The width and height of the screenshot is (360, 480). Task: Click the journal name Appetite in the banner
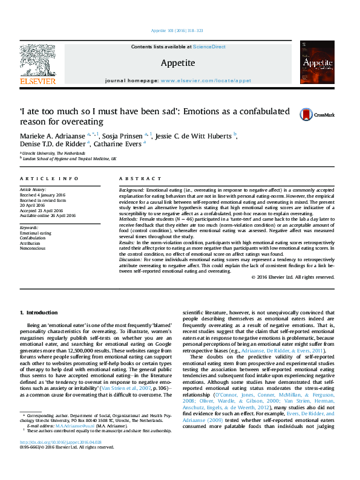pyautogui.click(x=177, y=63)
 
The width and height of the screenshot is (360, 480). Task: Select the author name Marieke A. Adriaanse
pyautogui.click(x=53, y=135)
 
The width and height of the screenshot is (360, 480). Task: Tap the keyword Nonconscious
pyautogui.click(x=34, y=247)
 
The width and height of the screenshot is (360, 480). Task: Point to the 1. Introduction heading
pyautogui.click(x=39, y=312)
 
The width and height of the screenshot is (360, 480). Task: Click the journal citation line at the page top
pyautogui.click(x=179, y=31)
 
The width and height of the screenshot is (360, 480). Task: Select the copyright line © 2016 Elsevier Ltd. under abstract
pyautogui.click(x=293, y=277)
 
